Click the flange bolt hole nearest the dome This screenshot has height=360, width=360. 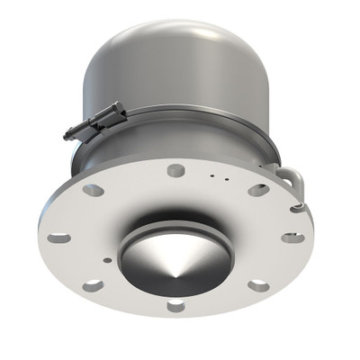click(176, 169)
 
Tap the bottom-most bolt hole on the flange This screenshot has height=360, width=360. click(176, 305)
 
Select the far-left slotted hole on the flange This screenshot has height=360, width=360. click(58, 238)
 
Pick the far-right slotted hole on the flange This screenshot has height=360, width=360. click(292, 238)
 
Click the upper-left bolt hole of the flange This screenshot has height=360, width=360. click(94, 190)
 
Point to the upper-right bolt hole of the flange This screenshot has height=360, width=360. click(258, 190)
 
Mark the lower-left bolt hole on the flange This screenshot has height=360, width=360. click(93, 286)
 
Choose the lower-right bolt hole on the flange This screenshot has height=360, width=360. click(258, 286)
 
